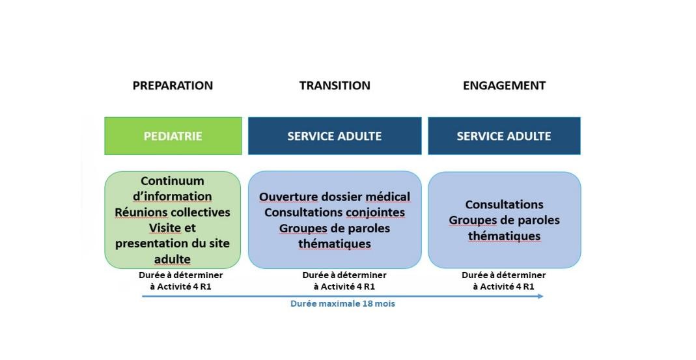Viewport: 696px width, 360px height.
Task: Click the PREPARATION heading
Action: point(173,85)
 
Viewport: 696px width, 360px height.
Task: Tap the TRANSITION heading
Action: point(335,85)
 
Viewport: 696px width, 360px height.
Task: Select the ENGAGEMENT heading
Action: point(504,85)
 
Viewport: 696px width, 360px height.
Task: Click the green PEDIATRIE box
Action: point(173,136)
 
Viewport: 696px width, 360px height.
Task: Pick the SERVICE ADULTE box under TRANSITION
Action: point(335,136)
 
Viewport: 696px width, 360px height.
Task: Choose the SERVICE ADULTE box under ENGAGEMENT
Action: point(504,136)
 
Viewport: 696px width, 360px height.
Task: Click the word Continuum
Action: point(173,181)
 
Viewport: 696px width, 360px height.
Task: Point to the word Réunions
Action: point(141,212)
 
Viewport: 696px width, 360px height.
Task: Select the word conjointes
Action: point(375,212)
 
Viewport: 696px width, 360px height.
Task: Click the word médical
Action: point(388,197)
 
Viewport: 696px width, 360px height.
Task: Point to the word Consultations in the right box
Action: point(504,204)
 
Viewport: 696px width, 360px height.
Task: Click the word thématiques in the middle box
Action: point(335,244)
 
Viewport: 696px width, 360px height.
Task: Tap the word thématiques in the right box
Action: point(504,236)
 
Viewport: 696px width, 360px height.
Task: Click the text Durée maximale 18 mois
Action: point(342,304)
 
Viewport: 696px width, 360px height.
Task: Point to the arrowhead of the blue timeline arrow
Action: point(540,296)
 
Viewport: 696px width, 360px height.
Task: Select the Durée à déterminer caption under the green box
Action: point(180,275)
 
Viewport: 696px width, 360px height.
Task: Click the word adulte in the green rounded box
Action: point(173,259)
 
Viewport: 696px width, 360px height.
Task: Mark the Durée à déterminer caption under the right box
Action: point(504,275)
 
